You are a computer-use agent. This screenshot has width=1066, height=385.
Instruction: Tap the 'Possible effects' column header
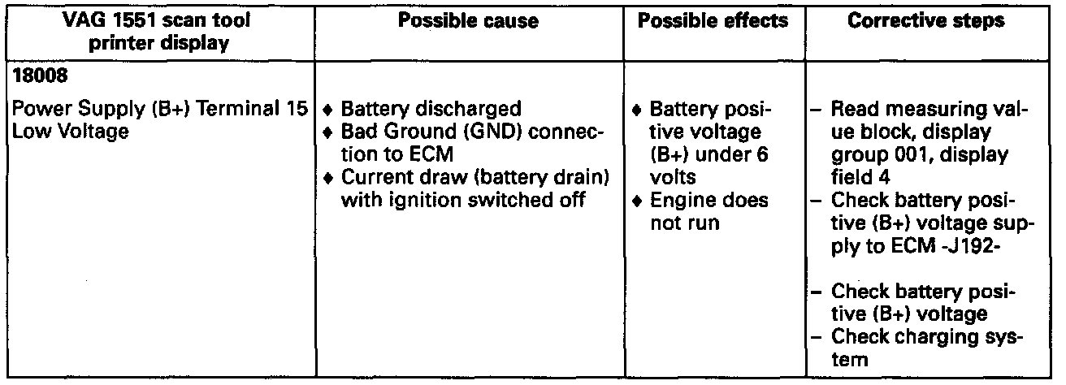(713, 22)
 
